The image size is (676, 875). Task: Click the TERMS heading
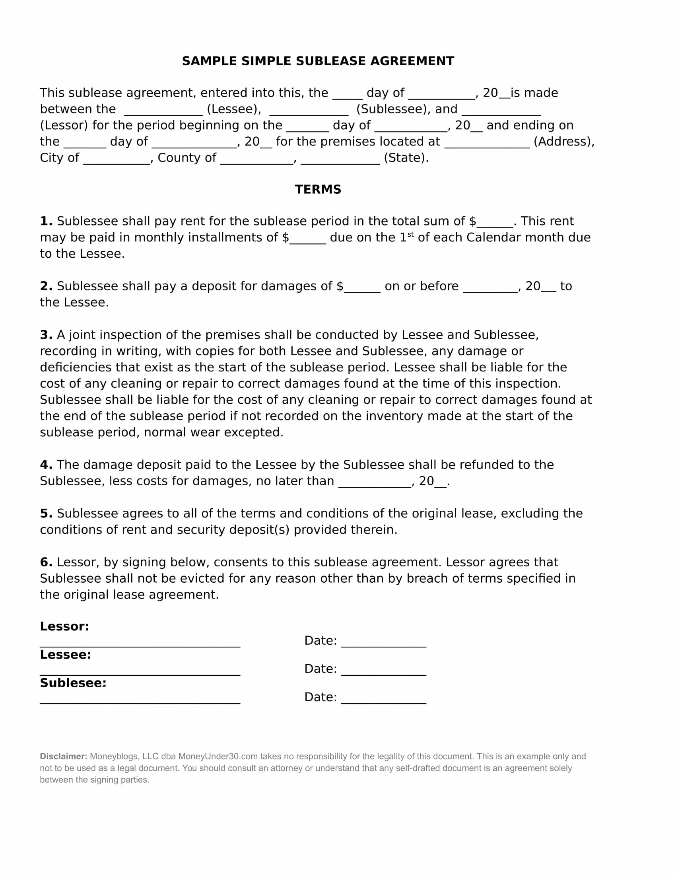pyautogui.click(x=318, y=189)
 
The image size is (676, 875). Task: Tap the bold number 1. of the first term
pyautogui.click(x=46, y=221)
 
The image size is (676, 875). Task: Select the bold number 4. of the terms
pyautogui.click(x=46, y=465)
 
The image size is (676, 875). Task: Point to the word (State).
pyautogui.click(x=406, y=158)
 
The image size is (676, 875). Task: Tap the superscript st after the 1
pyautogui.click(x=410, y=235)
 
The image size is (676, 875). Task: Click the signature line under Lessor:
pyautogui.click(x=140, y=646)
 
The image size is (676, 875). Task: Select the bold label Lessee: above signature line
pyautogui.click(x=65, y=655)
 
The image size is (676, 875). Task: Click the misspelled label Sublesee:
pyautogui.click(x=72, y=682)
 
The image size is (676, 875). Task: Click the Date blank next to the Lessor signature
pyautogui.click(x=383, y=646)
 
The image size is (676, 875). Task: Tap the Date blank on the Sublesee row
pyautogui.click(x=383, y=702)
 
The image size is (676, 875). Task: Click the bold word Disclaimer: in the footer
pyautogui.click(x=63, y=756)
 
